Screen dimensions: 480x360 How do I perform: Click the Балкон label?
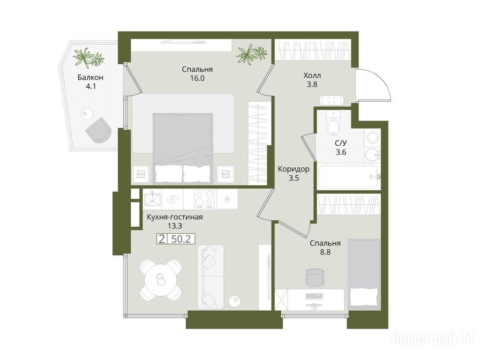pyautogui.click(x=90, y=77)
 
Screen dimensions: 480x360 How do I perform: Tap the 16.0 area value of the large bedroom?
pyautogui.click(x=197, y=78)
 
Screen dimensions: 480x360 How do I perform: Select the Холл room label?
pyautogui.click(x=312, y=75)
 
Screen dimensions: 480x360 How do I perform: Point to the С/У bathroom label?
pyautogui.click(x=341, y=143)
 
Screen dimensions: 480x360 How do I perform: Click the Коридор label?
pyautogui.click(x=293, y=169)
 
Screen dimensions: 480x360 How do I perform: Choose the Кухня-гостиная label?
pyautogui.click(x=175, y=217)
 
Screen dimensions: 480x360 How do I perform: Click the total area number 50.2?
pyautogui.click(x=181, y=239)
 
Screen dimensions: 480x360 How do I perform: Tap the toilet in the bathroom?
pyautogui.click(x=333, y=123)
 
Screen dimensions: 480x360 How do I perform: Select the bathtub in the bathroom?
pyautogui.click(x=349, y=177)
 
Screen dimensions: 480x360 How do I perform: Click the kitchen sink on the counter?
pyautogui.click(x=152, y=199)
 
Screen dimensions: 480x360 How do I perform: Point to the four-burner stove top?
pyautogui.click(x=204, y=199)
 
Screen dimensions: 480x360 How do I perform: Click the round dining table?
pyautogui.click(x=160, y=279)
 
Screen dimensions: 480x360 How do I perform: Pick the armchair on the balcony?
pyautogui.click(x=98, y=129)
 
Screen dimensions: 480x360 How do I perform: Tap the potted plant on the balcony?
pyautogui.click(x=88, y=57)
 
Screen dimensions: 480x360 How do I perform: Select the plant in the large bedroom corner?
pyautogui.click(x=252, y=54)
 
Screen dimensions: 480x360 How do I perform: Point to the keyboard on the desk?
pyautogui.click(x=315, y=296)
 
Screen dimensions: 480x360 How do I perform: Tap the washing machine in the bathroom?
pyautogui.click(x=372, y=137)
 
